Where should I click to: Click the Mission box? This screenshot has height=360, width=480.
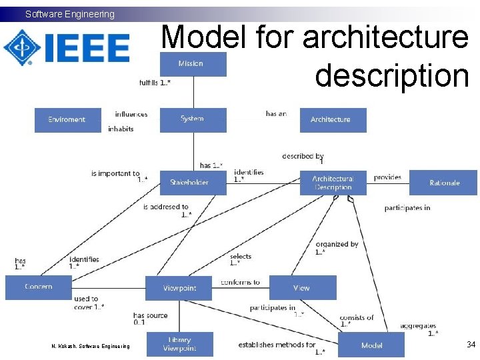[192, 64]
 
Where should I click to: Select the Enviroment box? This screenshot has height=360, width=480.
[67, 120]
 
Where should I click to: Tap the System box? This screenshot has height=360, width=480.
[193, 119]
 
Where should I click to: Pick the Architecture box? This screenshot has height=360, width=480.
[331, 120]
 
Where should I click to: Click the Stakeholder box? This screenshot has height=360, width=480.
[192, 183]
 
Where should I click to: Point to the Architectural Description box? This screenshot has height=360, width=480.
[333, 183]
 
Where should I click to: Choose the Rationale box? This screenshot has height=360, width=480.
[444, 183]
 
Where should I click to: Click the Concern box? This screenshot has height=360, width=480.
[38, 287]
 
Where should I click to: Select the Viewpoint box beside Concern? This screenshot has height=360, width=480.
[179, 288]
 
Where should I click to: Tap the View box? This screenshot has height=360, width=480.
[302, 288]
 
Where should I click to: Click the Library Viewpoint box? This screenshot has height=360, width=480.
[179, 344]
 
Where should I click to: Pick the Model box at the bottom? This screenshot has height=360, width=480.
[371, 345]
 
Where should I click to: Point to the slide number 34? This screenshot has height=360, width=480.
[471, 345]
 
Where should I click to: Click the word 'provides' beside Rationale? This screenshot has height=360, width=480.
[387, 177]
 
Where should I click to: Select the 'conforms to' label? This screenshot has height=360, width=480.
[240, 283]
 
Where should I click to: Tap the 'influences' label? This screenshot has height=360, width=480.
[131, 115]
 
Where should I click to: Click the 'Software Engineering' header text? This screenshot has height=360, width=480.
[70, 14]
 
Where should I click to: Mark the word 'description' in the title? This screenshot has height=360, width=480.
[392, 75]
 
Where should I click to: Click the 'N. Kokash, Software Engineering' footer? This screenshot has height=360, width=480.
[91, 345]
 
